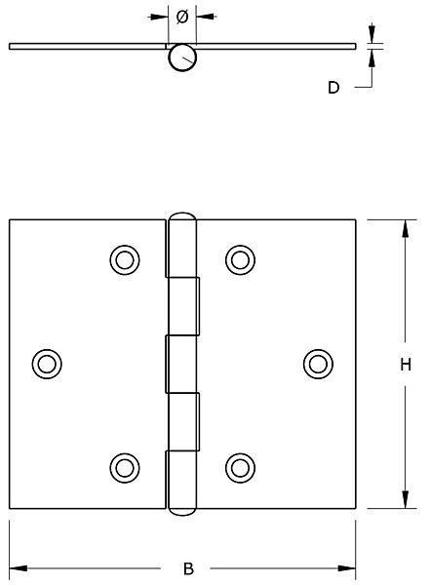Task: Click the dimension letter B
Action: [x=189, y=568]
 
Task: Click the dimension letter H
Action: [x=406, y=364]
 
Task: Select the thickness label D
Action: [x=333, y=88]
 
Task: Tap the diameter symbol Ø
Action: [x=182, y=17]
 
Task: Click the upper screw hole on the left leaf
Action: [x=125, y=260]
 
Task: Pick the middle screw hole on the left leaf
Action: [x=47, y=364]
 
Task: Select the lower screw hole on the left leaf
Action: [x=125, y=468]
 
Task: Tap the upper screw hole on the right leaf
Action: [x=241, y=260]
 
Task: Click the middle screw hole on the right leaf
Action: [x=318, y=364]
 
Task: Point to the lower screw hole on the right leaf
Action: [x=241, y=468]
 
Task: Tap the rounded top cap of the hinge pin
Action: [x=182, y=214]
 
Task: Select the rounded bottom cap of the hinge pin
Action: [x=182, y=512]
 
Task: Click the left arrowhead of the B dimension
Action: [x=18, y=568]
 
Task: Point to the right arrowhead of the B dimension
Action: [x=347, y=568]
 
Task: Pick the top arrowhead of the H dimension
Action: [x=406, y=228]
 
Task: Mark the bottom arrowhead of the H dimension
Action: [x=406, y=499]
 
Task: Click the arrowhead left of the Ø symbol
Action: [x=159, y=17]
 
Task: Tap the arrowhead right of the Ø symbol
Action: [x=205, y=17]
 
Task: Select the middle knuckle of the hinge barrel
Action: [x=181, y=364]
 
